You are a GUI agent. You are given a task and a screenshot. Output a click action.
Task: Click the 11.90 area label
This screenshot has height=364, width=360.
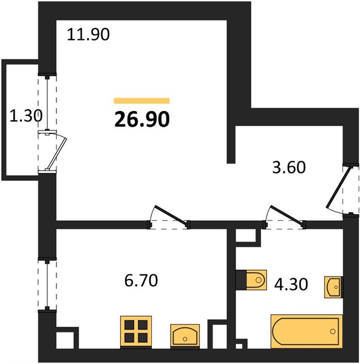tap(88, 35)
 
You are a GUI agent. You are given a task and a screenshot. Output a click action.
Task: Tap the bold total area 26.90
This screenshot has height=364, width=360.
tap(142, 119)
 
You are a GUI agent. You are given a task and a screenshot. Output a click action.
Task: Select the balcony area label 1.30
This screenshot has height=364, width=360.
tap(26, 116)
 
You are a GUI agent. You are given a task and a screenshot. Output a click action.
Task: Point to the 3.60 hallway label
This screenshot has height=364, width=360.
tap(289, 167)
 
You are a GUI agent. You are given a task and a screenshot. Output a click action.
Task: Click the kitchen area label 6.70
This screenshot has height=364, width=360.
tap(141, 280)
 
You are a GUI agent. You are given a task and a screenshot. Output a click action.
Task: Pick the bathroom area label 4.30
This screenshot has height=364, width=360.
tap(291, 285)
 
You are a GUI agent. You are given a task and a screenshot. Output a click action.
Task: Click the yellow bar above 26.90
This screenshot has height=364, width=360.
tap(142, 101)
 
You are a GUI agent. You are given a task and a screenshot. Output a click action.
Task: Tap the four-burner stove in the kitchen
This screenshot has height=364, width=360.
tap(136, 332)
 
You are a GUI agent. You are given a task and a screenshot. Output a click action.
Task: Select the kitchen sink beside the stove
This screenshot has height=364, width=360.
tap(185, 335)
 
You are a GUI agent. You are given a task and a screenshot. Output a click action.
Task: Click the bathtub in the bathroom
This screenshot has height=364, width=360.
tap(307, 331)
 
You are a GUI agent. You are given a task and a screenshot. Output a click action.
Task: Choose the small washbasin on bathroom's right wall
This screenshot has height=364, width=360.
tap(333, 287)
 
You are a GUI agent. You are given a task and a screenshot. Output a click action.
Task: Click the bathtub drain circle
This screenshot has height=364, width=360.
tap(333, 331)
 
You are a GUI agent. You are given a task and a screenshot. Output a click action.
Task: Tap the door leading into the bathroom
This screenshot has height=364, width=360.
tap(286, 215)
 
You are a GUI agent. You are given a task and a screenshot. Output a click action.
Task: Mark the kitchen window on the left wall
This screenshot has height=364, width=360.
tap(47, 285)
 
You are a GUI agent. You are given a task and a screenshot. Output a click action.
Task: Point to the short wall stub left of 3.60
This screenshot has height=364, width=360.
tap(231, 144)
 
